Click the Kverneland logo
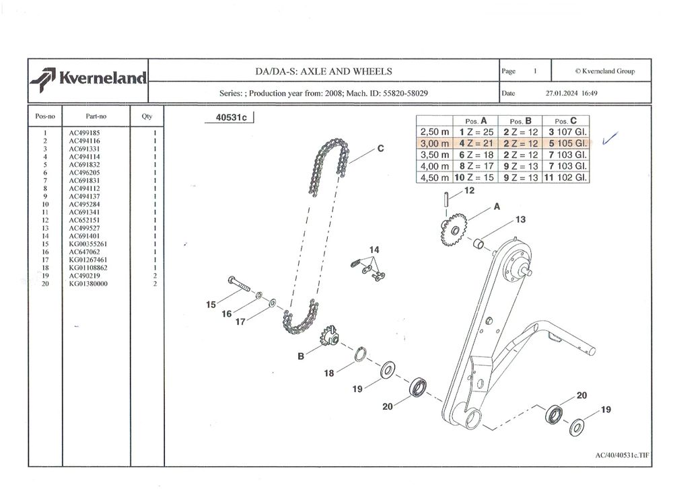[87, 78]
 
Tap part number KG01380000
[88, 284]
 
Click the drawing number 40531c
[231, 118]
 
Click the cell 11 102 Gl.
[569, 178]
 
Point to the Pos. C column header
[569, 120]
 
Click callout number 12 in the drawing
[469, 191]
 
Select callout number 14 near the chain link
[374, 250]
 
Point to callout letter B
[301, 356]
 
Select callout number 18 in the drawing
[329, 373]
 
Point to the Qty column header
[147, 116]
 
